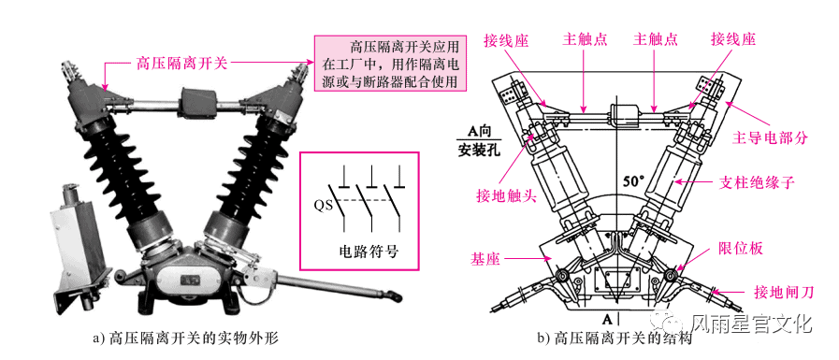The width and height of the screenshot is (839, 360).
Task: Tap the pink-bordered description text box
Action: click(x=392, y=65)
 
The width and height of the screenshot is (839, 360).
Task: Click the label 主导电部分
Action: click(x=769, y=137)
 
